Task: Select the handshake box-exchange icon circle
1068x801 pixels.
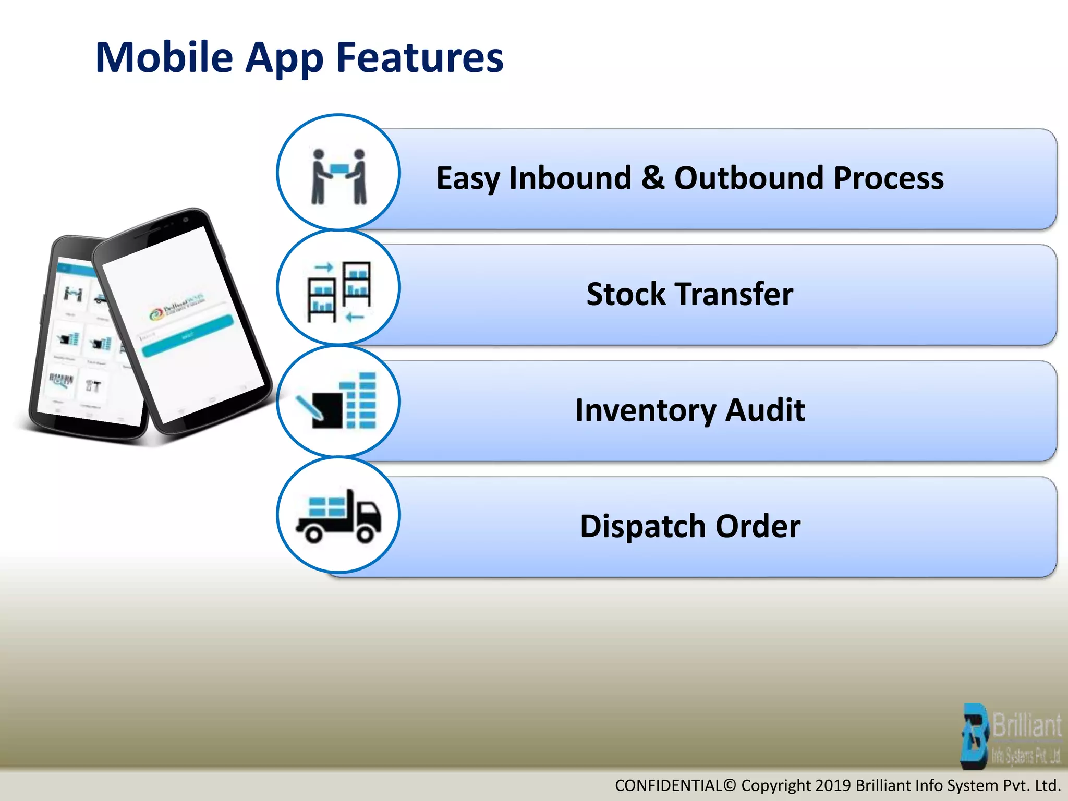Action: [338, 173]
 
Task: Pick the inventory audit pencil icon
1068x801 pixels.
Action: [338, 402]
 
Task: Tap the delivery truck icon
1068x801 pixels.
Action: [338, 516]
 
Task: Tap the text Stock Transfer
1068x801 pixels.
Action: [689, 294]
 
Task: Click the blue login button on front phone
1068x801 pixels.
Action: [188, 336]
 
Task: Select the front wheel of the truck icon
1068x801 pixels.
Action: [365, 534]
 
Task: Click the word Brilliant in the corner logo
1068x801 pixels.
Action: [1026, 725]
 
